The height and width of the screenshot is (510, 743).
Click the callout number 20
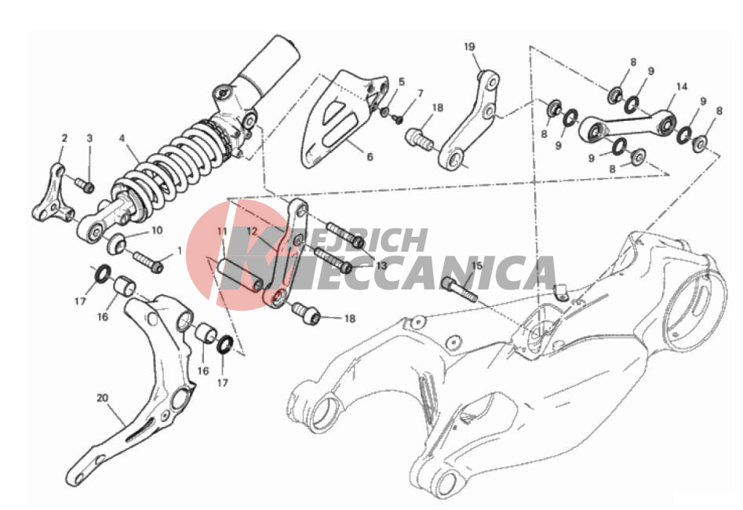(103, 398)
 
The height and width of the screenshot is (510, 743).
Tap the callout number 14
(681, 87)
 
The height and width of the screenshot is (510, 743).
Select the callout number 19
(469, 46)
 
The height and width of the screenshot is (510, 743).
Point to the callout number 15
(477, 265)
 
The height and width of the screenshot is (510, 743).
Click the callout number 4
(122, 138)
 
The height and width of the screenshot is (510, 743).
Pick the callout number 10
(157, 231)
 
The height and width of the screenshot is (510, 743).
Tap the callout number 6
(370, 157)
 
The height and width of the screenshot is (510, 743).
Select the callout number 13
(381, 266)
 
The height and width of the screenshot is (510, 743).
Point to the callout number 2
(64, 138)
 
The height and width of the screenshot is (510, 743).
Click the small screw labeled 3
(85, 184)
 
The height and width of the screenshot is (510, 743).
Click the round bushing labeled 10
(117, 244)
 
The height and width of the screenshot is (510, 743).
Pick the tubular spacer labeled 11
(240, 274)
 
